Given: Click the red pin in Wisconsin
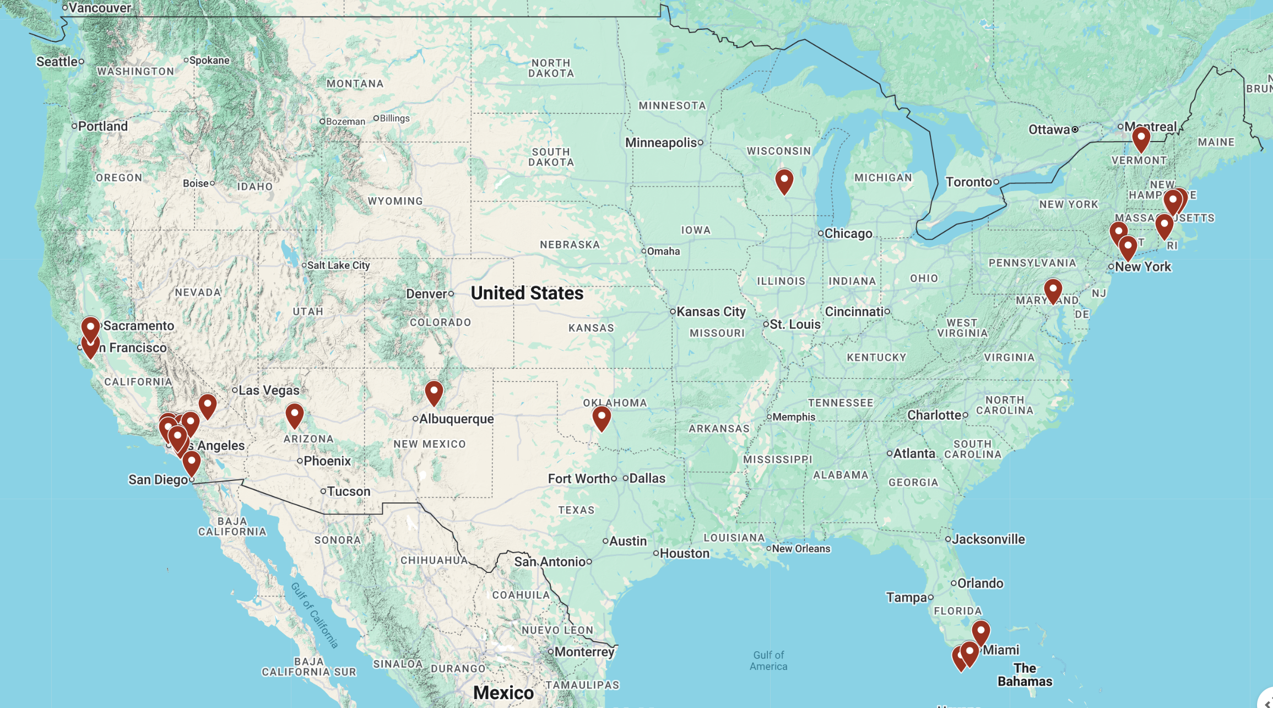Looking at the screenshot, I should tap(784, 181).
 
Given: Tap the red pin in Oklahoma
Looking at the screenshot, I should tap(602, 418).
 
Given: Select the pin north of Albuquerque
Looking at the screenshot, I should tap(434, 392).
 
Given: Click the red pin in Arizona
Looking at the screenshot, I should tap(295, 415).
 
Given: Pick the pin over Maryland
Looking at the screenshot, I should tap(1053, 290).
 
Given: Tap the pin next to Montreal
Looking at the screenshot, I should tap(1141, 138).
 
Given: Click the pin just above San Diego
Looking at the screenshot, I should tap(192, 462).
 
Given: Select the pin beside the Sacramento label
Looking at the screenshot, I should tap(91, 329).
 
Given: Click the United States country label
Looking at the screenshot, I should tap(527, 293).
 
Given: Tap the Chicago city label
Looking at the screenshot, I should tap(848, 234).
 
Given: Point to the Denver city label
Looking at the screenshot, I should tap(426, 294).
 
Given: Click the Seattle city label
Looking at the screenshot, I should tap(57, 62).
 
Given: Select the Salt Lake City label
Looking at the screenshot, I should tap(338, 265).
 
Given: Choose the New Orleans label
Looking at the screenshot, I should tap(801, 549).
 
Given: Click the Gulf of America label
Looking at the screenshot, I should tap(768, 660).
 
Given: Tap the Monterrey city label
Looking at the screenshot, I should tap(584, 652).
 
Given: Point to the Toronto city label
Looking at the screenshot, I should tap(968, 182).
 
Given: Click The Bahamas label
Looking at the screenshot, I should tap(1025, 675).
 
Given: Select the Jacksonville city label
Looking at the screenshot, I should tap(988, 539).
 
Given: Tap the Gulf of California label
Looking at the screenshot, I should tap(315, 614).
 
